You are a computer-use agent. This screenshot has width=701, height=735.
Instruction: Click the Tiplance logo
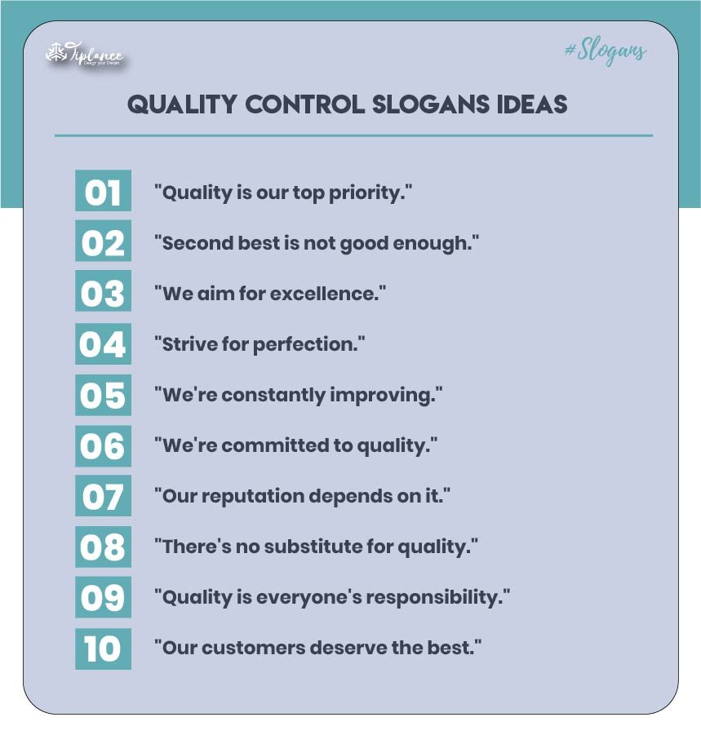84,55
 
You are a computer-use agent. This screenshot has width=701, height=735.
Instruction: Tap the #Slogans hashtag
605,51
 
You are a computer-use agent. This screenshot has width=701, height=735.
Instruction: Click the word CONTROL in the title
302,105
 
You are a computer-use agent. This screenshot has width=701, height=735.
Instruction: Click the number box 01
103,193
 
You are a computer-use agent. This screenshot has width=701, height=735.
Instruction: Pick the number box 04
103,344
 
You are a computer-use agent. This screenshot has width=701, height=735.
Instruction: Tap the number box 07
103,496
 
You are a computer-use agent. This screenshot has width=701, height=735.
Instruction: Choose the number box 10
103,649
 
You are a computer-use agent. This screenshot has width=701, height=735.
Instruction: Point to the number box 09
103,598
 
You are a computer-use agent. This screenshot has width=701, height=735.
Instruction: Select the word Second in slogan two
191,243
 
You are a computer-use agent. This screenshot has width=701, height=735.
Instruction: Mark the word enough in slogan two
437,243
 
